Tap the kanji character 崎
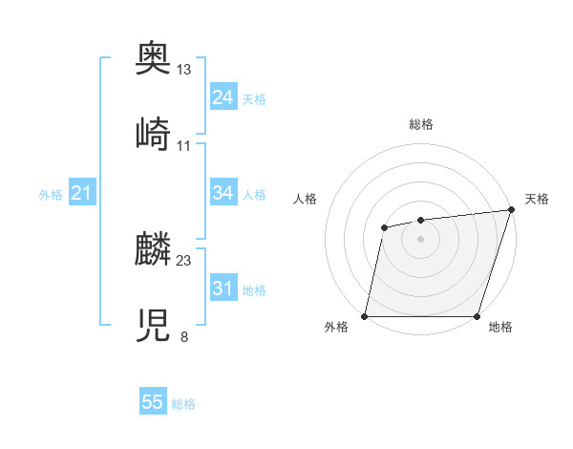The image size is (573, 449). [x=154, y=136]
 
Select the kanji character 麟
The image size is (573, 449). [x=154, y=250]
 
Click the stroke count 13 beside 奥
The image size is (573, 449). [x=184, y=70]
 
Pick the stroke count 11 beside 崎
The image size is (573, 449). [x=184, y=145]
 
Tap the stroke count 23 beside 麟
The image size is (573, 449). [x=184, y=260]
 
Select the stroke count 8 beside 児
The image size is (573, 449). [x=183, y=336]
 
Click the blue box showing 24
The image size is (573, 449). [x=223, y=97]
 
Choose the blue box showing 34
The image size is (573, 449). [x=223, y=193]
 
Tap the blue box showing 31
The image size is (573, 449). [x=223, y=289]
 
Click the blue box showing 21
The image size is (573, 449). [x=81, y=194]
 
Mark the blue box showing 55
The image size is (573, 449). [x=153, y=402]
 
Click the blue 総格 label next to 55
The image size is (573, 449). [x=183, y=404]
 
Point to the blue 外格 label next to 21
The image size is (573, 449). [x=51, y=195]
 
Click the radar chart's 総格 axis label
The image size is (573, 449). [x=420, y=124]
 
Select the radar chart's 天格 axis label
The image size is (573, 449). [x=537, y=199]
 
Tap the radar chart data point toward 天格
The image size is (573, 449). [x=510, y=210]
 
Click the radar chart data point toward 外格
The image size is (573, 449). [x=365, y=316]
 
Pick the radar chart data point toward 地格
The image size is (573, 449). [x=477, y=316]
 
